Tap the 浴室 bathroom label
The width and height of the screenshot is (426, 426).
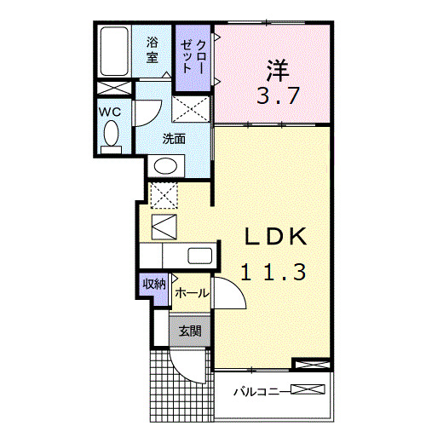coord(153,49)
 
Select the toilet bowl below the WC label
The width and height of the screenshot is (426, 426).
coord(111,134)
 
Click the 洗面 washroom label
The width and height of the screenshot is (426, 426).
coord(176,138)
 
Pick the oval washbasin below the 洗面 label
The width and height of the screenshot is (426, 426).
coord(168,165)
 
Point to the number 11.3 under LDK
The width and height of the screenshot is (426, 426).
coord(271,273)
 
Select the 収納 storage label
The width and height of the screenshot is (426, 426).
coord(154,285)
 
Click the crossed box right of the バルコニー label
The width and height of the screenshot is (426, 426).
coord(308,391)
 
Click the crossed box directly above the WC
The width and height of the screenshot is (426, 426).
coord(112,88)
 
